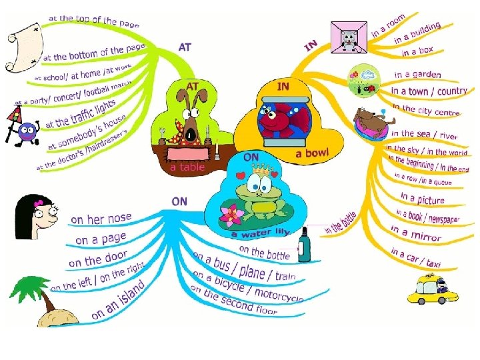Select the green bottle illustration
[304, 245]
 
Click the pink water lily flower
[233, 215]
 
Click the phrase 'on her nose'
[101, 218]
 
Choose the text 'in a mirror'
[415, 233]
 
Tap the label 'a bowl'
[312, 154]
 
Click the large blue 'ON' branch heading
[179, 201]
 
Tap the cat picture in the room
[349, 37]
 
